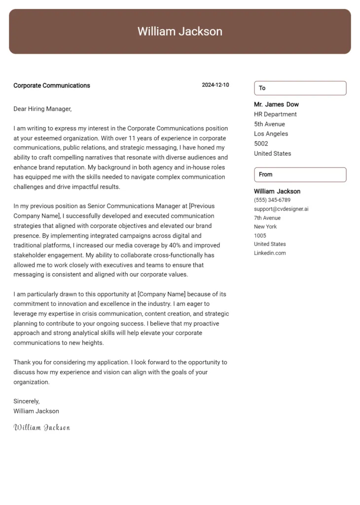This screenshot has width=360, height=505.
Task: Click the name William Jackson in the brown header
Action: (180, 32)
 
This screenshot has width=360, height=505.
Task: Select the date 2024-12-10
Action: (216, 85)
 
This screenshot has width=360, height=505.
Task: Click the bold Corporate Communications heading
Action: (52, 85)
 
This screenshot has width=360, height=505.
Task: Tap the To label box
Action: (300, 88)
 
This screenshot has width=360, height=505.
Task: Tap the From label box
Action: (300, 175)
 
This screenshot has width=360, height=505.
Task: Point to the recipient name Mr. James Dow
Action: (276, 105)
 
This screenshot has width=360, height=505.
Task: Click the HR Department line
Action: (275, 114)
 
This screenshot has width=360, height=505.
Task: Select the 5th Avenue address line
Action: (269, 124)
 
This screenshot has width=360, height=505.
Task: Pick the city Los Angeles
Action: (271, 134)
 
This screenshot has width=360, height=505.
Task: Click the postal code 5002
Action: (261, 144)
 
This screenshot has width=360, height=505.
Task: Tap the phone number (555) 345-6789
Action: (272, 200)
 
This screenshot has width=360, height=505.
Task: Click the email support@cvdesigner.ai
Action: (281, 209)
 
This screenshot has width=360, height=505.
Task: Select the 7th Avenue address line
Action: (267, 218)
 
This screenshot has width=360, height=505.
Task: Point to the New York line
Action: (265, 227)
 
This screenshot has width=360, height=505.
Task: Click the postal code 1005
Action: (260, 236)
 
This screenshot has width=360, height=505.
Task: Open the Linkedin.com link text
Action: (270, 253)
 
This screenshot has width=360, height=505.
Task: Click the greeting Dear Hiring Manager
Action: (42, 109)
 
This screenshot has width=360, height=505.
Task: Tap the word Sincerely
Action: (27, 401)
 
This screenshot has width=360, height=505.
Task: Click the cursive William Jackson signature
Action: (42, 428)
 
